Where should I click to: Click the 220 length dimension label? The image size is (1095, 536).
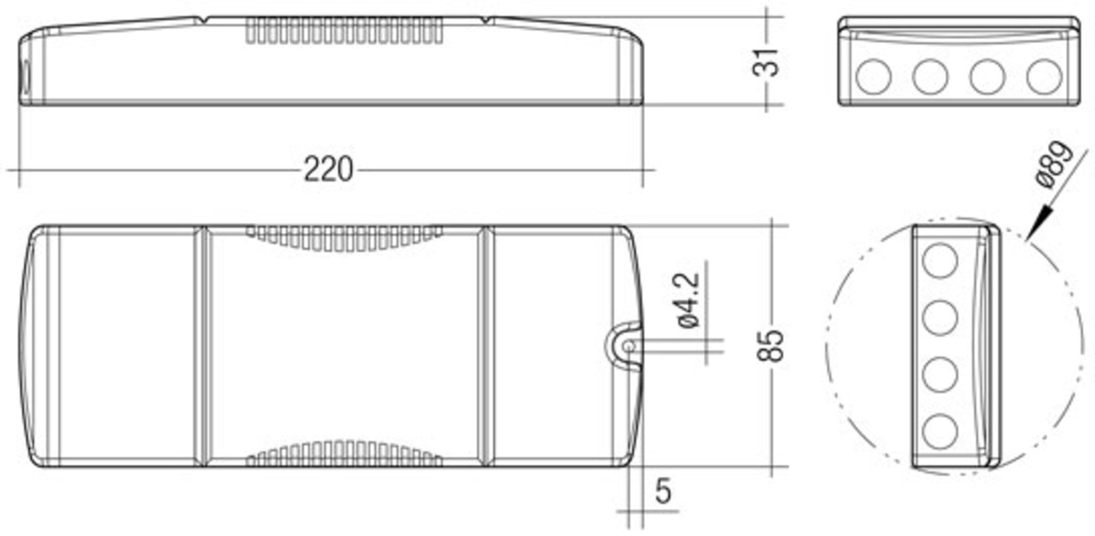(328, 169)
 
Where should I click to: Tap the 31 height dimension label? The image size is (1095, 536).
(766, 63)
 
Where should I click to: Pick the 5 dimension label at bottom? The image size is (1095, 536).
(663, 491)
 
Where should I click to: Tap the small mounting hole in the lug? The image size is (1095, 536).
(629, 347)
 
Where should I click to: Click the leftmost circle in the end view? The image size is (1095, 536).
(873, 77)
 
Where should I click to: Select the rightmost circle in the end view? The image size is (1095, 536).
(1044, 77)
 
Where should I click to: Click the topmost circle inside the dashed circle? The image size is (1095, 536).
(939, 261)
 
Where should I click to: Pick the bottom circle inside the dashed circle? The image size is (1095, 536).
(939, 431)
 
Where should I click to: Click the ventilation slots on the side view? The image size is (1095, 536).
(344, 31)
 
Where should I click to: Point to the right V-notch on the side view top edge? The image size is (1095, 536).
(488, 20)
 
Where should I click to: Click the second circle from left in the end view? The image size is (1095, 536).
(930, 77)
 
